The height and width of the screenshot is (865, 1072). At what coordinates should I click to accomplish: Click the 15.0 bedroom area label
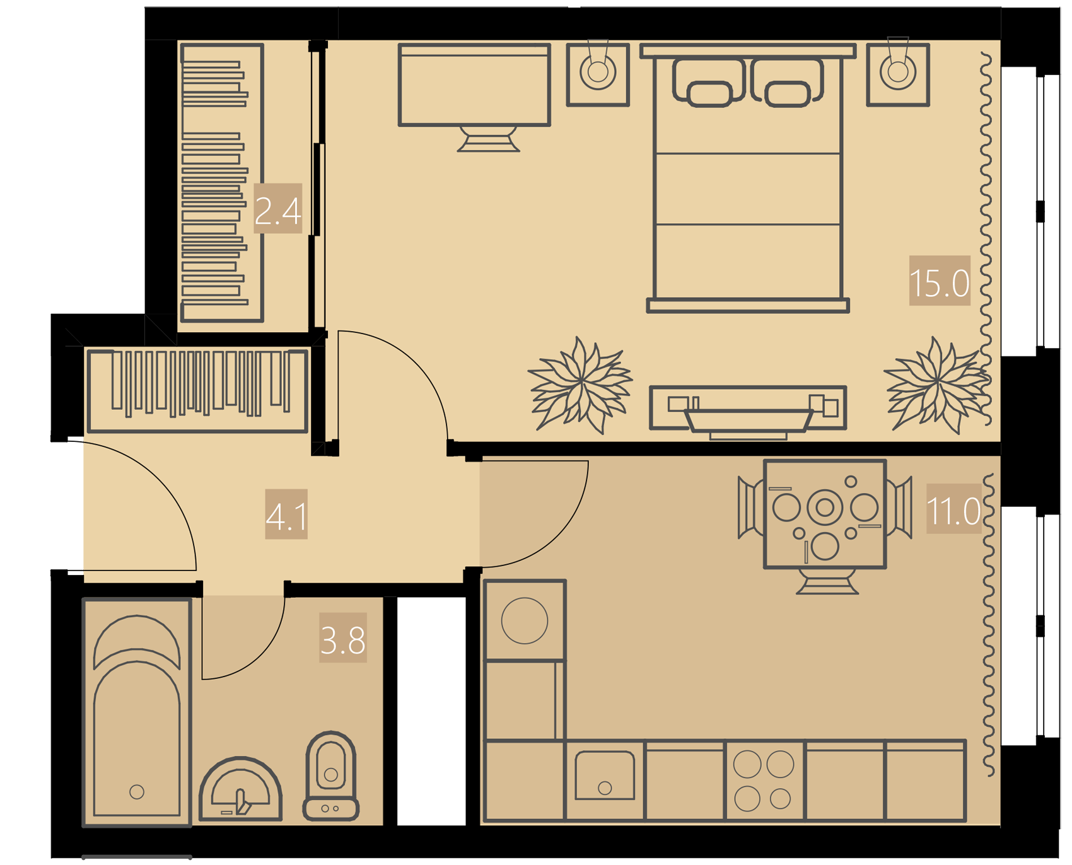939,281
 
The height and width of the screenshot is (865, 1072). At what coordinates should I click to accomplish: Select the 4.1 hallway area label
286,514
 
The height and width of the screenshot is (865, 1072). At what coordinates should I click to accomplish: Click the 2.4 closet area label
278,209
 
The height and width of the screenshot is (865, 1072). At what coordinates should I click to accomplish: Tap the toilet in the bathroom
331,776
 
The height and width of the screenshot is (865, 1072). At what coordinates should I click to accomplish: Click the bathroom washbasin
240,789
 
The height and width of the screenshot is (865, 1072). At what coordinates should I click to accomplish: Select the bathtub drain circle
137,792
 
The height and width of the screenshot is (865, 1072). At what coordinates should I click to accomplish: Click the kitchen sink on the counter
605,775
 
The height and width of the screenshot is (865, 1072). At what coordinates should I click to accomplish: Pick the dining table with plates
825,514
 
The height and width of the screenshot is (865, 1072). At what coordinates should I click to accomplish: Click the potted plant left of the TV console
580,385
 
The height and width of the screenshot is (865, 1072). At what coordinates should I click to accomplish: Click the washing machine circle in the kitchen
525,621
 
